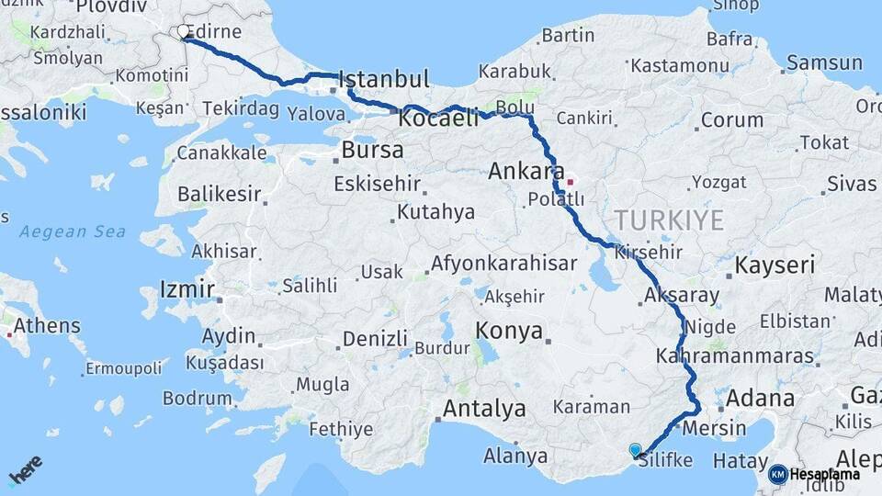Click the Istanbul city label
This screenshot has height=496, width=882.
click(384, 78)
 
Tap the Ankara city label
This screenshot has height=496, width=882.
click(526, 171)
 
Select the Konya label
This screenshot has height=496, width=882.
click(509, 332)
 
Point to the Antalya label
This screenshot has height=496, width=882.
click(484, 408)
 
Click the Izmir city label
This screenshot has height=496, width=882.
click(187, 290)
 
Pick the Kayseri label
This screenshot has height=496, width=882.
click(775, 266)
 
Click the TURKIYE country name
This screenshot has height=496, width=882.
click(669, 220)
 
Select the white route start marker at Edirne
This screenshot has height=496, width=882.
click(184, 31)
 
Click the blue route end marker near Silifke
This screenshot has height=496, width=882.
click(635, 449)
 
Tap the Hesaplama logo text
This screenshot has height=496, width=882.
click(824, 474)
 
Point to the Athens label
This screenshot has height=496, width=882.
click(47, 326)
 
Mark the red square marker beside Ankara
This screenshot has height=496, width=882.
click(570, 181)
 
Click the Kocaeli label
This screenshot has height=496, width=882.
click(438, 118)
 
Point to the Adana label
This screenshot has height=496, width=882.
click(760, 399)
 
